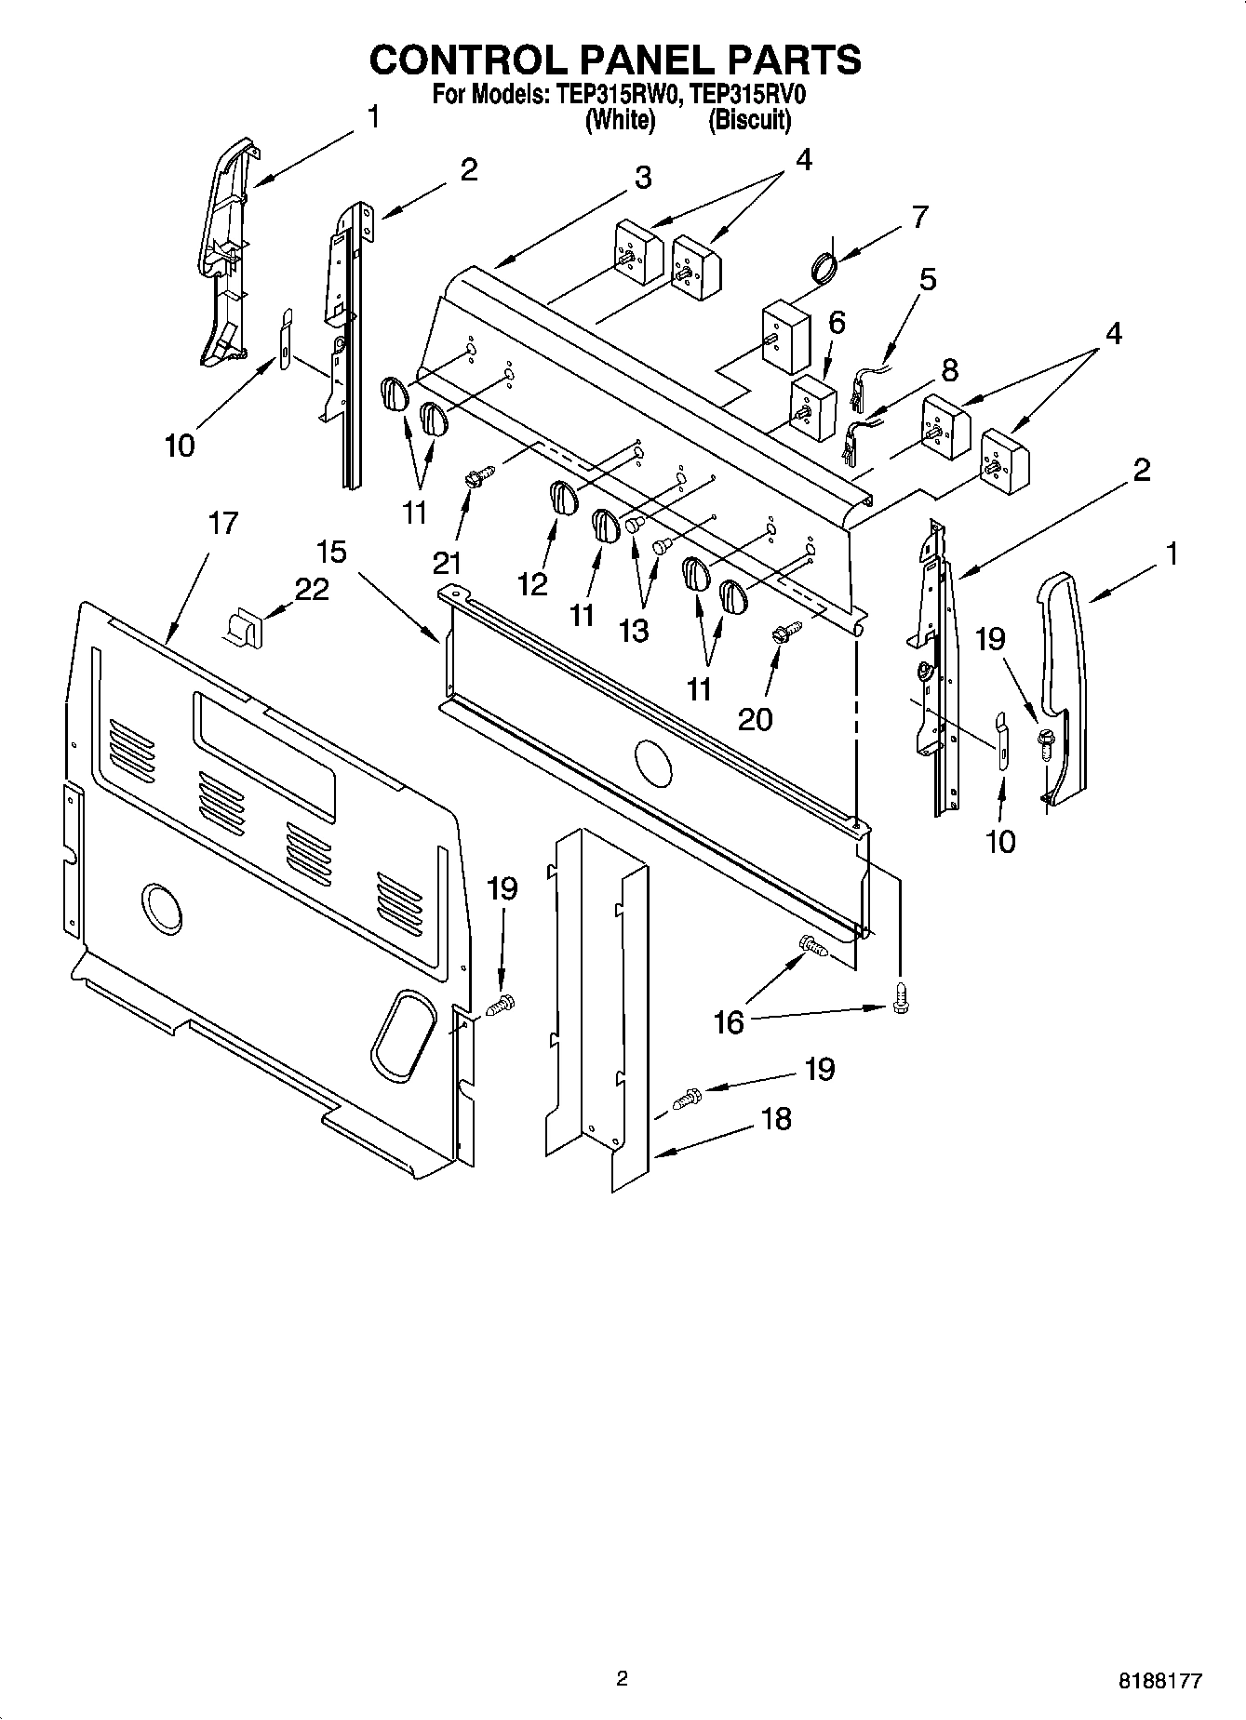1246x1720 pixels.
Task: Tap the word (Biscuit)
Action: tap(749, 120)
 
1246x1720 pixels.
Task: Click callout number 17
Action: tap(222, 524)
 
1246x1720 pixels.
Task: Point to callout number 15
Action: tap(331, 552)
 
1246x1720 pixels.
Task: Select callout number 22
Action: tap(312, 589)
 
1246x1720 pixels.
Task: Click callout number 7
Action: tap(918, 217)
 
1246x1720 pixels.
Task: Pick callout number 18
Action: tap(776, 1117)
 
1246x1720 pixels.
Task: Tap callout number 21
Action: tap(447, 563)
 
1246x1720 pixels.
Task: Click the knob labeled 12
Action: tap(561, 498)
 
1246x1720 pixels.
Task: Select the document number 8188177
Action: tap(1159, 1681)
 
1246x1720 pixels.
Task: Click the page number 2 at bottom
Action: tap(623, 1678)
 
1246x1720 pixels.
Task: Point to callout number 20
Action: tap(754, 718)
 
